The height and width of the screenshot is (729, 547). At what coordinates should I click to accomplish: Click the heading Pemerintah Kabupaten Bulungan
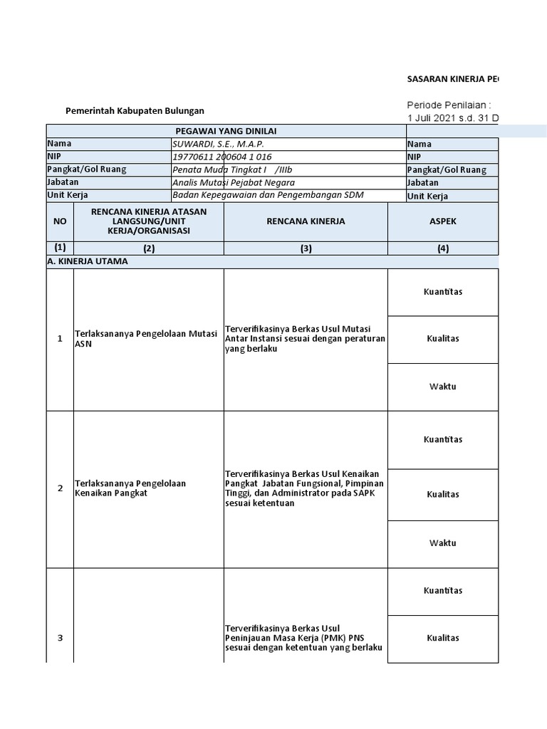tap(135, 111)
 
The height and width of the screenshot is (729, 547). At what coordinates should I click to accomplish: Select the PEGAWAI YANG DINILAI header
tap(226, 131)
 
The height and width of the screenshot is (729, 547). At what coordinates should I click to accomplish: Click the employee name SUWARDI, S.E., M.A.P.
tap(218, 144)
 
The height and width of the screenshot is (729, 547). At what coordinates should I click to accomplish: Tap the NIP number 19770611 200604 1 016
tap(222, 157)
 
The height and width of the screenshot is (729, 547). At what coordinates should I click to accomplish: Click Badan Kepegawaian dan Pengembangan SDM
tap(262, 195)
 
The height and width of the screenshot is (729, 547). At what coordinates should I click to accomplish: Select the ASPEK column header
tap(442, 221)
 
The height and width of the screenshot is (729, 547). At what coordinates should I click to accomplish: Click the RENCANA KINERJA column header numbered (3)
tap(306, 221)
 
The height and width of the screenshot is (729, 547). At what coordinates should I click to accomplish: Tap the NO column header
tap(60, 221)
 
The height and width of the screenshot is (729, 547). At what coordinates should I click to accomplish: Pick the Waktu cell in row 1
tap(442, 387)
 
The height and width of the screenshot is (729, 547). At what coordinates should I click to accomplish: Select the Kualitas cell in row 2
tap(442, 494)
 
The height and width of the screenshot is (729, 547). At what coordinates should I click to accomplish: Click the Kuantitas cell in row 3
tap(442, 590)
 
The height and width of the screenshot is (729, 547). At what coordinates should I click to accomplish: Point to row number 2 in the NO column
tap(60, 488)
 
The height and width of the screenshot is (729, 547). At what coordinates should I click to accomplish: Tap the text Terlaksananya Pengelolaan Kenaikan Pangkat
tap(130, 488)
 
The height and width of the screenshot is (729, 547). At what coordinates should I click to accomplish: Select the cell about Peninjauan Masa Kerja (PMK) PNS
tap(304, 638)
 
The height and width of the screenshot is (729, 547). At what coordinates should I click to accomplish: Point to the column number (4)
tap(442, 248)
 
